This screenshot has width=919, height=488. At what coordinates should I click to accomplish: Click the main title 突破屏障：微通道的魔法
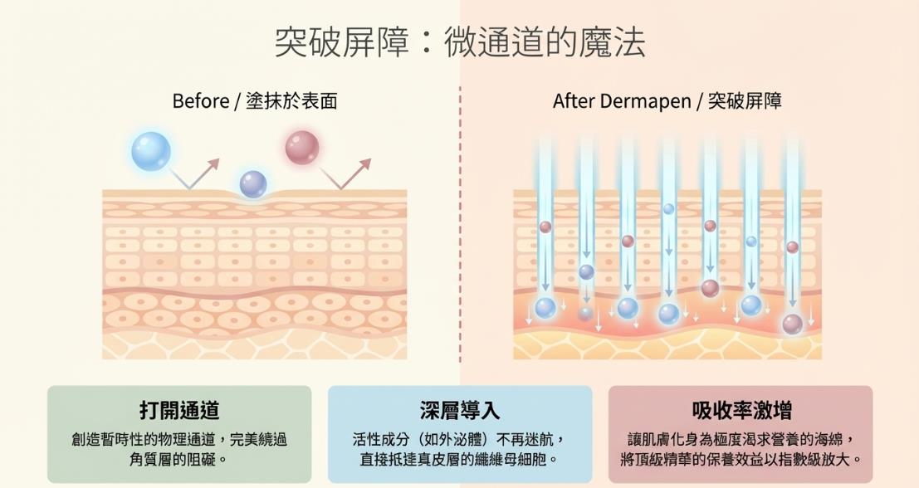click(x=459, y=41)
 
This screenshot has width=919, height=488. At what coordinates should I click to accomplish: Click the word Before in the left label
click(x=200, y=101)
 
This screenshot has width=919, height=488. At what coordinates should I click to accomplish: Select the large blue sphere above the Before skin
click(x=151, y=151)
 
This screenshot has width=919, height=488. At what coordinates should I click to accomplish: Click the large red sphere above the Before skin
click(x=302, y=148)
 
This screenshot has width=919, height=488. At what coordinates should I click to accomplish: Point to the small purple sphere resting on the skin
click(x=253, y=183)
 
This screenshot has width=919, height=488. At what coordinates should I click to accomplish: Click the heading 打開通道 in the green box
click(x=179, y=410)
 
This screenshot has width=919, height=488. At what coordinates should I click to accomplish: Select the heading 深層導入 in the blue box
click(x=460, y=410)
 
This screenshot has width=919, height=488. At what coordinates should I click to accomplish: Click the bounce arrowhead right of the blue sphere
click(x=215, y=162)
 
